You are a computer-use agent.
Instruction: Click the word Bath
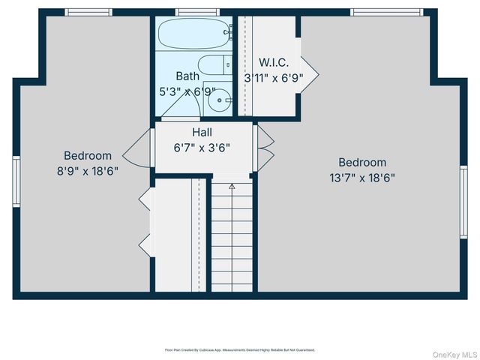coord(187,76)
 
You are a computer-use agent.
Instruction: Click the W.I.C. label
coord(274,62)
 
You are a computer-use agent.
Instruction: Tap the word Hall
coord(202,132)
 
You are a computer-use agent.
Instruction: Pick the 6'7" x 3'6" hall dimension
coord(202,147)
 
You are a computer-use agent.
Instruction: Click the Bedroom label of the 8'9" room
coord(88,155)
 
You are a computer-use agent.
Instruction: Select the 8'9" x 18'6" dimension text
coord(88,170)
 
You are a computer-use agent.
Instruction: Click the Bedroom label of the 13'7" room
coord(362,162)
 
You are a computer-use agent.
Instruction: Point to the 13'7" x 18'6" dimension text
coord(362,178)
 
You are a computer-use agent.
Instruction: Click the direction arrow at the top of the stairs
coord(232,184)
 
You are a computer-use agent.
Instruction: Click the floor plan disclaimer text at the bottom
coord(240,349)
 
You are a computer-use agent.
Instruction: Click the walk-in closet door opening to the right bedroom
coord(309,72)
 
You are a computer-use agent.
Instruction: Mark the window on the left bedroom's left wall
coord(16,181)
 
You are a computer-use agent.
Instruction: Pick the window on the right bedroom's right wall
coord(463,202)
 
